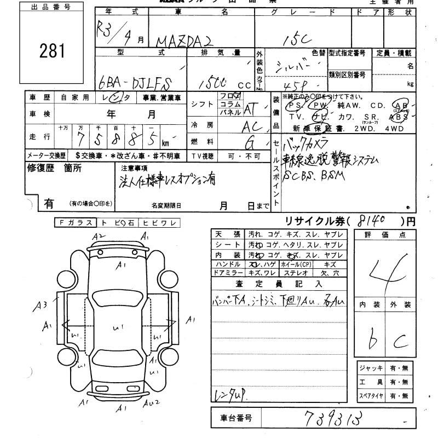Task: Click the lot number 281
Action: pyautogui.click(x=52, y=51)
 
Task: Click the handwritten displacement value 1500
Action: pyautogui.click(x=212, y=83)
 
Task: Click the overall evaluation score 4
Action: pyautogui.click(x=389, y=269)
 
